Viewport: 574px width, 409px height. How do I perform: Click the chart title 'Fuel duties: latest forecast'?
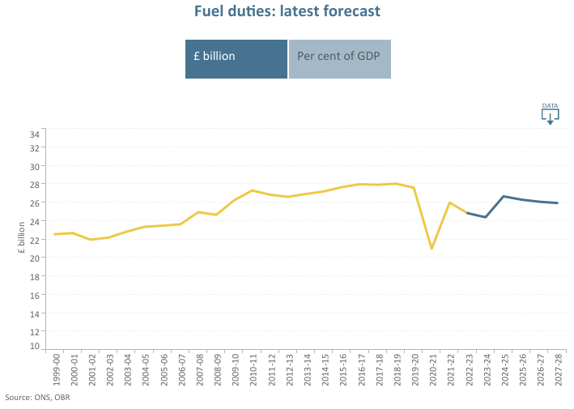pos(287,11)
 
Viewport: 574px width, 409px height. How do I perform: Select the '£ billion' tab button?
pos(236,59)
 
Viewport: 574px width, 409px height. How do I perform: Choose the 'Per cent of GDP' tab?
pos(339,59)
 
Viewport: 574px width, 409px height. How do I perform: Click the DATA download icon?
pos(550,115)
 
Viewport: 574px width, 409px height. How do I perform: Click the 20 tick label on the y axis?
pos(35,258)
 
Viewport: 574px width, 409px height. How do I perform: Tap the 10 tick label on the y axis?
pos(35,347)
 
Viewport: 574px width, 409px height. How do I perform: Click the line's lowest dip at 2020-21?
pos(432,249)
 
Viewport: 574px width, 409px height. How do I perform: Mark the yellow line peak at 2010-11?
pos(253,190)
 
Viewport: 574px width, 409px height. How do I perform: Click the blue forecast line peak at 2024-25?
pos(504,196)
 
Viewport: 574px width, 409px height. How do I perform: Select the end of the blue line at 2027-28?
pos(557,203)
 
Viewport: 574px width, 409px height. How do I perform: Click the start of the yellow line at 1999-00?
pos(55,234)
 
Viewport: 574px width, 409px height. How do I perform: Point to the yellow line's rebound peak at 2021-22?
pos(449,202)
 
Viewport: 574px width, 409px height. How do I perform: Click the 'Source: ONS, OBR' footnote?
pos(37,398)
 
